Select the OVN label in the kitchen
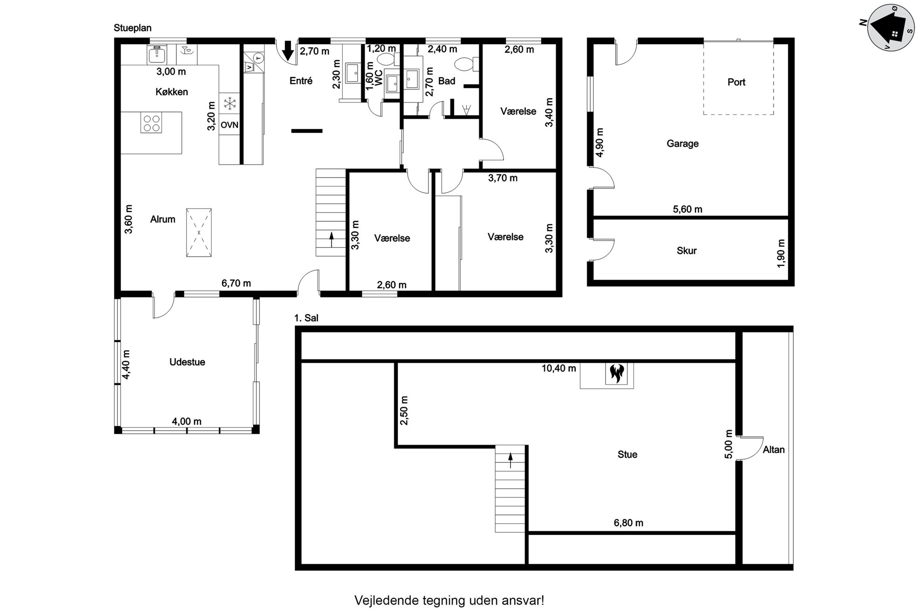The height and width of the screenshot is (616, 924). (230, 125)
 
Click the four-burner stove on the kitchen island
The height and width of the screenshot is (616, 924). (151, 122)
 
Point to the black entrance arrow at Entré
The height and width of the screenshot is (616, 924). (288, 51)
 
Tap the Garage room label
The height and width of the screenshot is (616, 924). (682, 144)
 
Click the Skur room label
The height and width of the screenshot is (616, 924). (686, 251)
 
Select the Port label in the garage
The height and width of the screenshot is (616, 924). (736, 82)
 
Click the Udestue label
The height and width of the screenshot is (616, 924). (187, 362)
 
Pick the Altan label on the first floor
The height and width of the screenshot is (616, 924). (774, 450)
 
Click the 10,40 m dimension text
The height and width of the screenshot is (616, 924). (559, 368)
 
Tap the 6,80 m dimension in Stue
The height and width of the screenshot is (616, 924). (629, 523)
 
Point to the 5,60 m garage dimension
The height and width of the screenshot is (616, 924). (687, 210)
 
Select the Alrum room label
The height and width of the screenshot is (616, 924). (163, 219)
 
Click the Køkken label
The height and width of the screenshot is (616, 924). (172, 92)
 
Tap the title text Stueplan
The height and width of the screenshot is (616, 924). (133, 28)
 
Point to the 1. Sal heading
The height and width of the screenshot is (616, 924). (306, 318)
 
